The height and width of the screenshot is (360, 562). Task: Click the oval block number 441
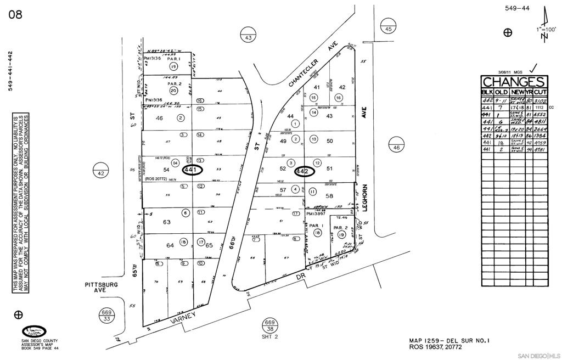pyautogui.click(x=190, y=171)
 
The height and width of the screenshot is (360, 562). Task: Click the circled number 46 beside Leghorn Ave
pyautogui.click(x=396, y=147)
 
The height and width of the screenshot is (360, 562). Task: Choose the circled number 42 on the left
pyautogui.click(x=100, y=172)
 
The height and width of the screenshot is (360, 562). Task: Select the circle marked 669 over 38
pyautogui.click(x=269, y=325)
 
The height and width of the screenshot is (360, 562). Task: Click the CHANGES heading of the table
pyautogui.click(x=514, y=82)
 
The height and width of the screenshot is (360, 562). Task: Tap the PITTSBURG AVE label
pyautogui.click(x=102, y=289)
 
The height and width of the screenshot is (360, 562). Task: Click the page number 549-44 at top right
pyautogui.click(x=517, y=8)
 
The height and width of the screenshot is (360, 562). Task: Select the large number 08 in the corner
pyautogui.click(x=15, y=15)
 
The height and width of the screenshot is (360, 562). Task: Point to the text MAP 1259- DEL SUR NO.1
pyautogui.click(x=448, y=340)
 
